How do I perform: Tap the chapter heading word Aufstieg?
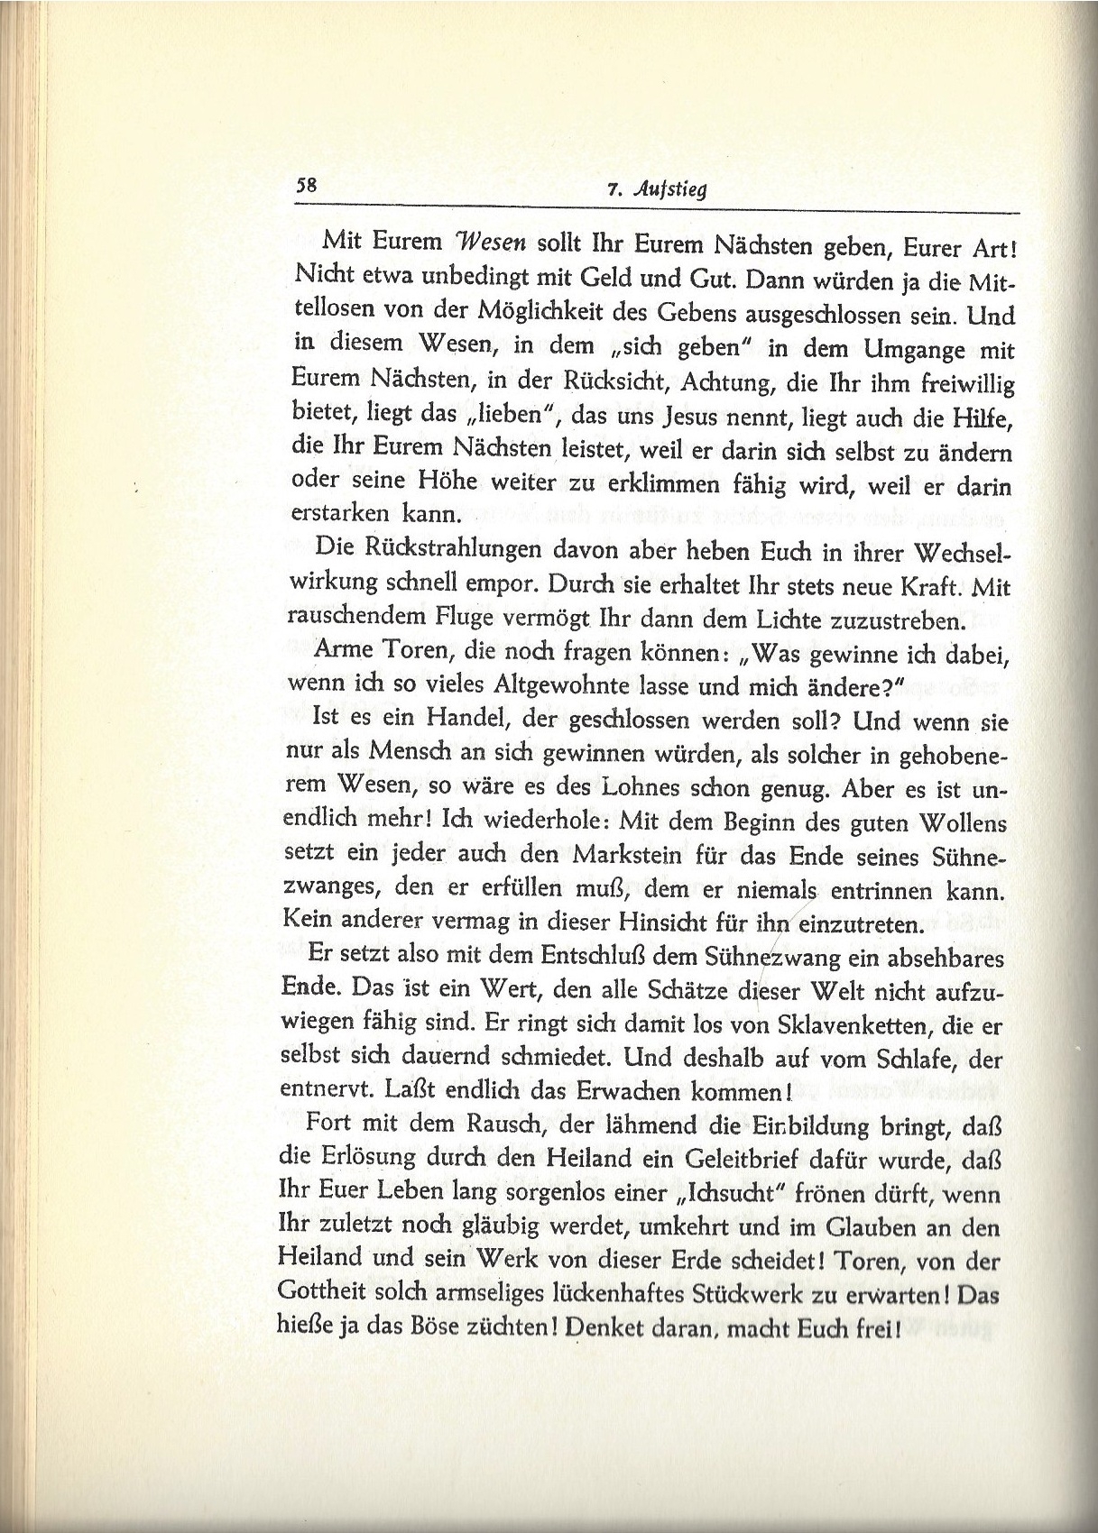tap(671, 190)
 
